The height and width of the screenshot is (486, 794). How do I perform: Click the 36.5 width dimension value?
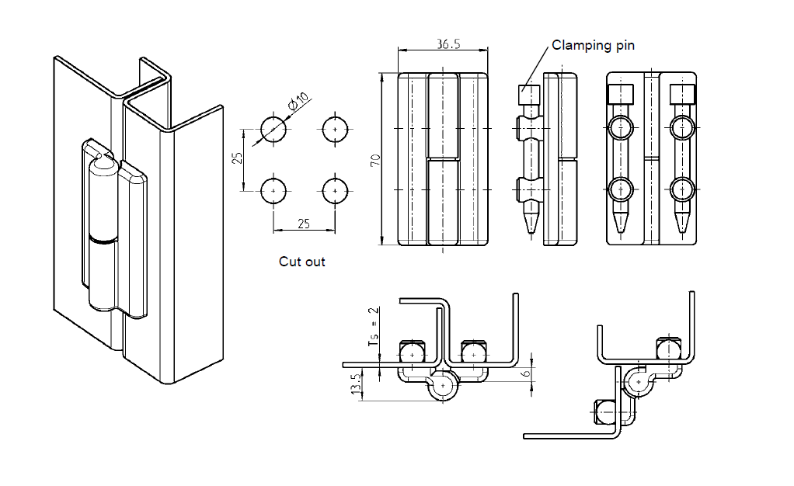[x=448, y=44]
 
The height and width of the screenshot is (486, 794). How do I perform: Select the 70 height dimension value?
[x=375, y=160]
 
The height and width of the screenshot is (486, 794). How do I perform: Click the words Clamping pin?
[x=593, y=45]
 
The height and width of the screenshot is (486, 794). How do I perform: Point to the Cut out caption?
[x=302, y=262]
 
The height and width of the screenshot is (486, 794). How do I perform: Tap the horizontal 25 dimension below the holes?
[x=304, y=224]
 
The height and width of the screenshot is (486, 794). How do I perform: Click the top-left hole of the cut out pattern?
[x=273, y=128]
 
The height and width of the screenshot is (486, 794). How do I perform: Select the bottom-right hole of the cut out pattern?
[x=335, y=190]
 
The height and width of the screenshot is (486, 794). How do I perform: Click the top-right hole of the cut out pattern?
[x=335, y=128]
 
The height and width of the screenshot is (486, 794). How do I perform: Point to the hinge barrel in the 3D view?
[x=104, y=233]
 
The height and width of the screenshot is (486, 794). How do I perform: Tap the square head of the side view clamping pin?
[x=528, y=95]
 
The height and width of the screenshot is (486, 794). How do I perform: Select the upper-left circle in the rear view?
[x=621, y=127]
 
